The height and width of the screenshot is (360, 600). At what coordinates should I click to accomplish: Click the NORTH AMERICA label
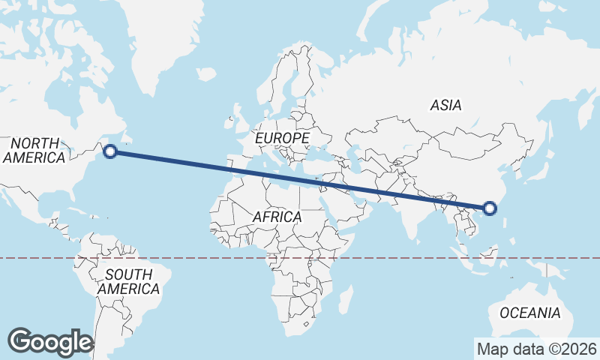click(x=34, y=150)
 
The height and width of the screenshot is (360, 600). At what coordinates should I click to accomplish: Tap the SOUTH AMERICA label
click(x=128, y=281)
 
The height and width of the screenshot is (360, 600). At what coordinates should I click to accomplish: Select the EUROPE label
click(x=282, y=139)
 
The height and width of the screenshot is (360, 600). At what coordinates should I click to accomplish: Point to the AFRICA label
click(x=277, y=217)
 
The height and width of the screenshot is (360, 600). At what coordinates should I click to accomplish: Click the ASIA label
click(x=445, y=106)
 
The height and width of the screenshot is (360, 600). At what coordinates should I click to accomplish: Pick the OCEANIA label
click(x=529, y=313)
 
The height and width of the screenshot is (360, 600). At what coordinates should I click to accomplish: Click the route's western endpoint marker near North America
click(x=110, y=151)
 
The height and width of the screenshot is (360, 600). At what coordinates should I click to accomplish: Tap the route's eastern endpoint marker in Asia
click(x=490, y=208)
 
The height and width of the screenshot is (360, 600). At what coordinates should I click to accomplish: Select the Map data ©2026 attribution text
click(x=537, y=349)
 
